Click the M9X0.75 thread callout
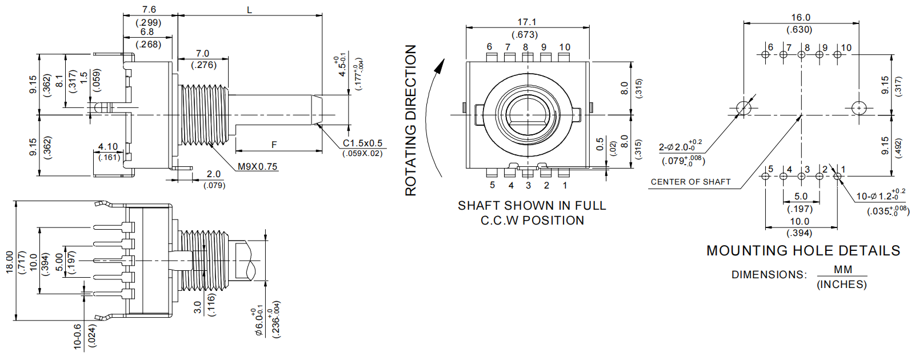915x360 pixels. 257,166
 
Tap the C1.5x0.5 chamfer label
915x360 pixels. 362,143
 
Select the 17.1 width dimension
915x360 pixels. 527,22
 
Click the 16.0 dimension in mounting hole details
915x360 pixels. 800,18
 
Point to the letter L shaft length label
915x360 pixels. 249,10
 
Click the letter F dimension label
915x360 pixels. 274,145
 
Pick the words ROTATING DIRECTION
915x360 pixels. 411,121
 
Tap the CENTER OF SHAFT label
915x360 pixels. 690,182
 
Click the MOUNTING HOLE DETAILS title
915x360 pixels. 803,251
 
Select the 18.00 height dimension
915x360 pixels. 10,262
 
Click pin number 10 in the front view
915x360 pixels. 564,47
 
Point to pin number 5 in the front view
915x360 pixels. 492,185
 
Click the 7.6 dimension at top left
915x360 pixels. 149,10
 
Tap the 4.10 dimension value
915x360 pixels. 108,147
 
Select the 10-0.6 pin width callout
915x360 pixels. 78,337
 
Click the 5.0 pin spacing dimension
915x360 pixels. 801,197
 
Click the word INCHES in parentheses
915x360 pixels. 841,285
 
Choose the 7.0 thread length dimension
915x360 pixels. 202,54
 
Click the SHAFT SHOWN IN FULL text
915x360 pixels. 532,206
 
